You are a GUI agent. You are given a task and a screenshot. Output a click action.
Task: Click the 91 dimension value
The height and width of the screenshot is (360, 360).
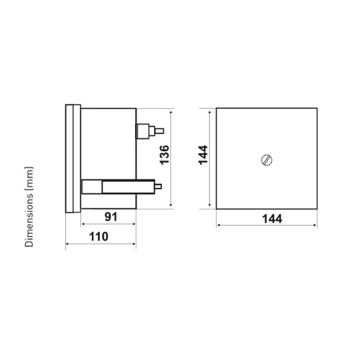(111, 217)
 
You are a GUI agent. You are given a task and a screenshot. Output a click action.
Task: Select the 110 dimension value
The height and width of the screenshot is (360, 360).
(98, 236)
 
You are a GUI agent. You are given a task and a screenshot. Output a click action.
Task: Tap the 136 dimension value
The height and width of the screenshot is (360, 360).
(164, 155)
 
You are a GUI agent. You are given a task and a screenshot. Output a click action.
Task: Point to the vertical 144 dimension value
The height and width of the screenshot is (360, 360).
(203, 155)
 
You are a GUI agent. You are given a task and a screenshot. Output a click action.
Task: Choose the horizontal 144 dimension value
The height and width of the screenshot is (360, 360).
(272, 219)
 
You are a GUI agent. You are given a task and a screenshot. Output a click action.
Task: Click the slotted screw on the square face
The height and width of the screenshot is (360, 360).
(267, 160)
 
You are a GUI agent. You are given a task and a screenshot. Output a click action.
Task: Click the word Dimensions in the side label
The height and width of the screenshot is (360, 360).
(29, 220)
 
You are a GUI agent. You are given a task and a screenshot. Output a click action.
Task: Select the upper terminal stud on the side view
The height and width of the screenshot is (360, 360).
(150, 131)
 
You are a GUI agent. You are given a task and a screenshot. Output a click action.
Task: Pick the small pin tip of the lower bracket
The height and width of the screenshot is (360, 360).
(158, 187)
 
